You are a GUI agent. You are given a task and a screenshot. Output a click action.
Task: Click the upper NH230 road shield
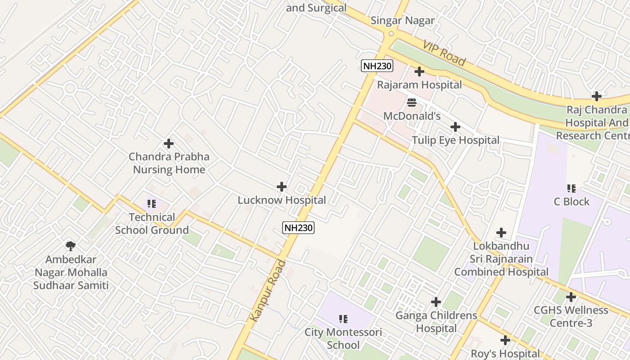click(x=377, y=66)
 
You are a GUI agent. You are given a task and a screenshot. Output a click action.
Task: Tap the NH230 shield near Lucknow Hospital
click(x=298, y=228)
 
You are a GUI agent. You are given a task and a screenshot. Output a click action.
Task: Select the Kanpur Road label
click(x=269, y=291)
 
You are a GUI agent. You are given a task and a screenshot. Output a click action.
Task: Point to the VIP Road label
click(x=444, y=52)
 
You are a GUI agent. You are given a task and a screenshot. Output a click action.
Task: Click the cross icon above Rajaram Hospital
click(x=419, y=72)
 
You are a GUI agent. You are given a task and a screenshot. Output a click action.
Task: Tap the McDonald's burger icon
click(x=412, y=103)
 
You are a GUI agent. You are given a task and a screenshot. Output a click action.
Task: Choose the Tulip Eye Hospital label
click(x=455, y=140)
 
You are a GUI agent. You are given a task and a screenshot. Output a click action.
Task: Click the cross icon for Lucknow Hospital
click(x=282, y=187)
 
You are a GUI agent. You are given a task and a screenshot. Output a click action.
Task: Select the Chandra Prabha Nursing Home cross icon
click(x=169, y=144)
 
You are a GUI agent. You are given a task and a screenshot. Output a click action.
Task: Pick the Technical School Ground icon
click(x=152, y=204)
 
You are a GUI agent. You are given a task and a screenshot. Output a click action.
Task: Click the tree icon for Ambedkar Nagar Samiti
click(x=70, y=246)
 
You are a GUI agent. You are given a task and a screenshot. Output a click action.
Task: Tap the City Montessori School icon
click(x=343, y=319)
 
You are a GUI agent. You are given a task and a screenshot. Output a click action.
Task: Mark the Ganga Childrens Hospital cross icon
click(x=436, y=302)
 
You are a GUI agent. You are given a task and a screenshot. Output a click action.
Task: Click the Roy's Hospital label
click(x=505, y=354)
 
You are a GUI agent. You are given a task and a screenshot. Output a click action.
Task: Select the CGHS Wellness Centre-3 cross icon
click(x=571, y=297)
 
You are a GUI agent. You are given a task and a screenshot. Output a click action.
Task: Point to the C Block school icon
click(x=571, y=188)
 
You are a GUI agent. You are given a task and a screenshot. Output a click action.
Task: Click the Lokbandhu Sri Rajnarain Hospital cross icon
click(x=501, y=233)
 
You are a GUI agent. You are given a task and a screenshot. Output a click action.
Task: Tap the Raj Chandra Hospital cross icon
click(x=597, y=96)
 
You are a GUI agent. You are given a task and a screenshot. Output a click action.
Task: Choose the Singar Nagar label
click(x=402, y=21)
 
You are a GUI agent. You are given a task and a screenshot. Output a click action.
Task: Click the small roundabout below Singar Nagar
click(x=391, y=33)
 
